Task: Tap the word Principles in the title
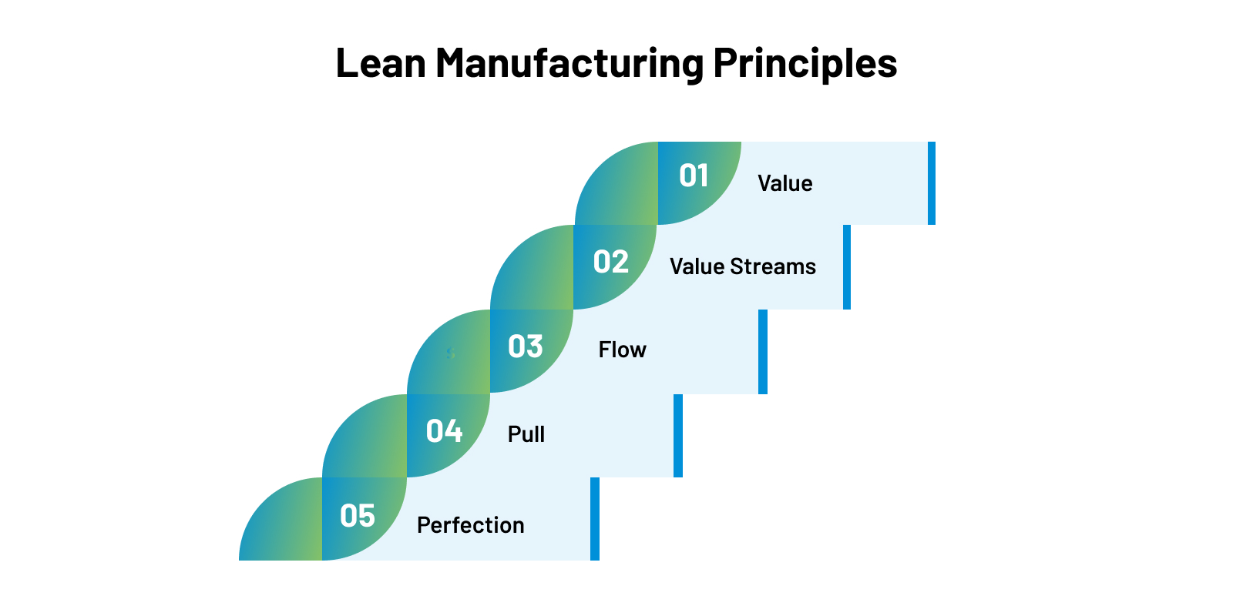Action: point(805,63)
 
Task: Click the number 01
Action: point(694,176)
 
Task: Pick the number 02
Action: point(611,263)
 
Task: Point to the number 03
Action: point(526,347)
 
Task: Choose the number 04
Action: point(444,431)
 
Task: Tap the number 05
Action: point(358,516)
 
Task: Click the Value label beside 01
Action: point(784,184)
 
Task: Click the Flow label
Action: point(622,350)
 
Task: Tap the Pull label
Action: point(526,434)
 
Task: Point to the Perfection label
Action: point(470,525)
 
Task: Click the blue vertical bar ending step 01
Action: point(932,183)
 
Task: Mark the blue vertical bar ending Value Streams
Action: point(847,267)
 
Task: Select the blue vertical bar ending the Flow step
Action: point(763,352)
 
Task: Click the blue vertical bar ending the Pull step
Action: point(678,436)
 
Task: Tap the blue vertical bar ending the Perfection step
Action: point(595,519)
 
